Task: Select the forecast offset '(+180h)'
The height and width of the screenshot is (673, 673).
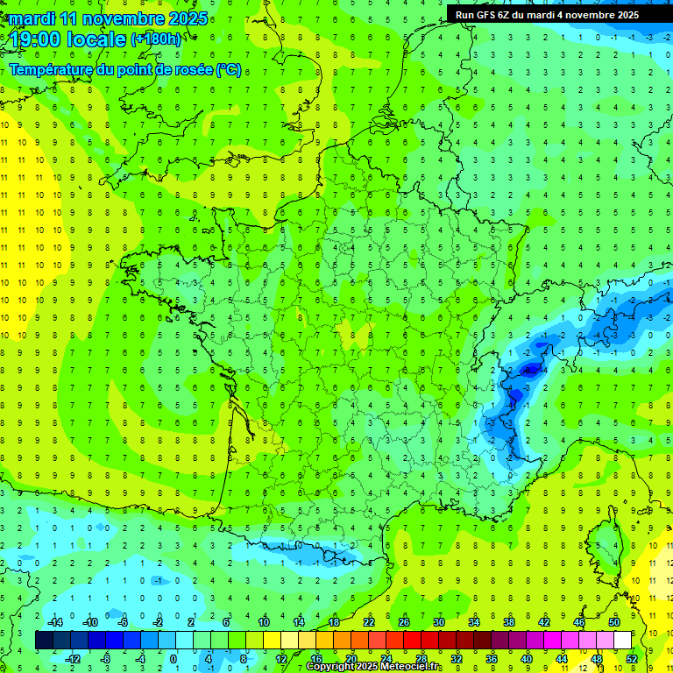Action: [156, 39]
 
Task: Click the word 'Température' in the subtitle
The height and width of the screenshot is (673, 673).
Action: [52, 70]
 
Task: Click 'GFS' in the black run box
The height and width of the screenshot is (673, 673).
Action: [485, 15]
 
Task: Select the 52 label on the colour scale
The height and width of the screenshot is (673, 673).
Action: [632, 658]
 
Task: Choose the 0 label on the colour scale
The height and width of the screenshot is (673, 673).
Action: [174, 658]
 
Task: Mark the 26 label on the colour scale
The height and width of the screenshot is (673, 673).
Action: [404, 622]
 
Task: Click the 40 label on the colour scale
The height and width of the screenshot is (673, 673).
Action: [527, 658]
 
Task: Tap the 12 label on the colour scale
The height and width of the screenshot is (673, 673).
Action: [281, 658]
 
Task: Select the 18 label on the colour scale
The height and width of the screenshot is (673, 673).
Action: [334, 622]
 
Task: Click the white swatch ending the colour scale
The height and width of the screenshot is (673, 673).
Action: [622, 641]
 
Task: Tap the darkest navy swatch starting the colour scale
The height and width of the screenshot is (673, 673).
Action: [44, 641]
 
